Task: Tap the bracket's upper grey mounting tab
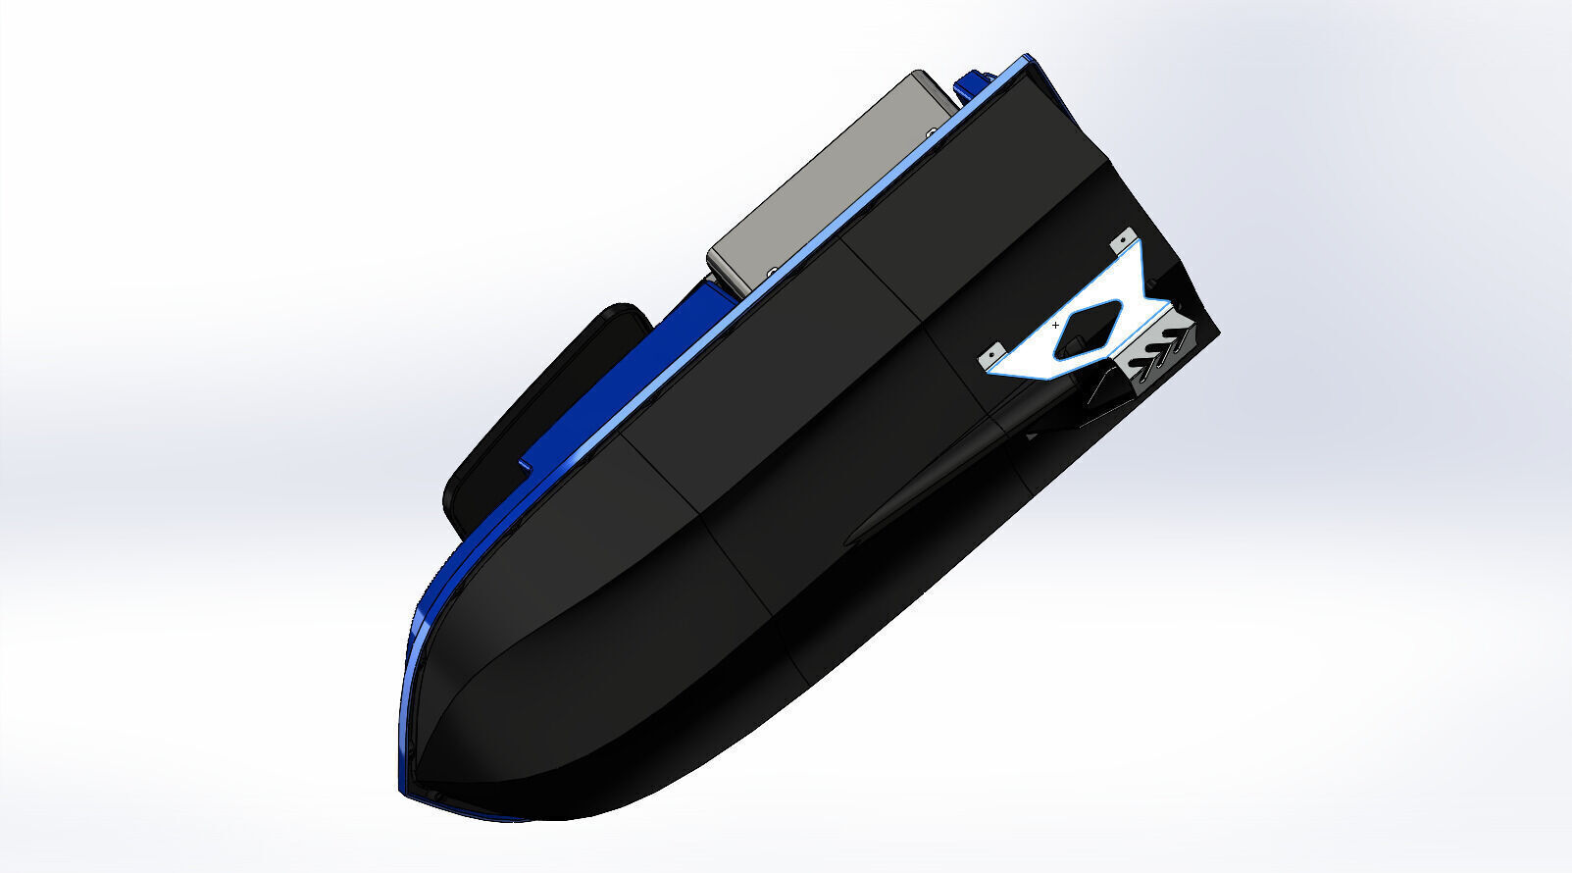1125,238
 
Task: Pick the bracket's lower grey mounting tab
993,352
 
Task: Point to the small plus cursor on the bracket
1055,324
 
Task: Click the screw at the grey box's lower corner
772,271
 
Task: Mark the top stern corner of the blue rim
1028,58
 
